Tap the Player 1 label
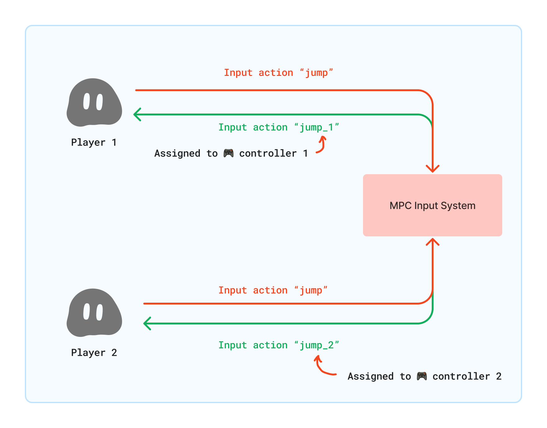click(x=94, y=142)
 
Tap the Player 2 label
click(x=94, y=353)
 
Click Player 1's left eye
click(x=87, y=101)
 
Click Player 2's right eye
click(x=100, y=312)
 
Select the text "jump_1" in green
click(x=316, y=128)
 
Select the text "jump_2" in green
click(x=316, y=345)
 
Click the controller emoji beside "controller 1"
click(x=229, y=153)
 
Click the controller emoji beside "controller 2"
click(x=422, y=376)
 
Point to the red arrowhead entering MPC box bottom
click(x=432, y=242)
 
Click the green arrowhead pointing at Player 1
click(x=137, y=114)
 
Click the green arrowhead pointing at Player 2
click(x=147, y=323)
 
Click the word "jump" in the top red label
click(x=316, y=73)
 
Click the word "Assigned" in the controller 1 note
click(x=177, y=153)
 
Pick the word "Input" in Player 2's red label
click(x=232, y=291)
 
